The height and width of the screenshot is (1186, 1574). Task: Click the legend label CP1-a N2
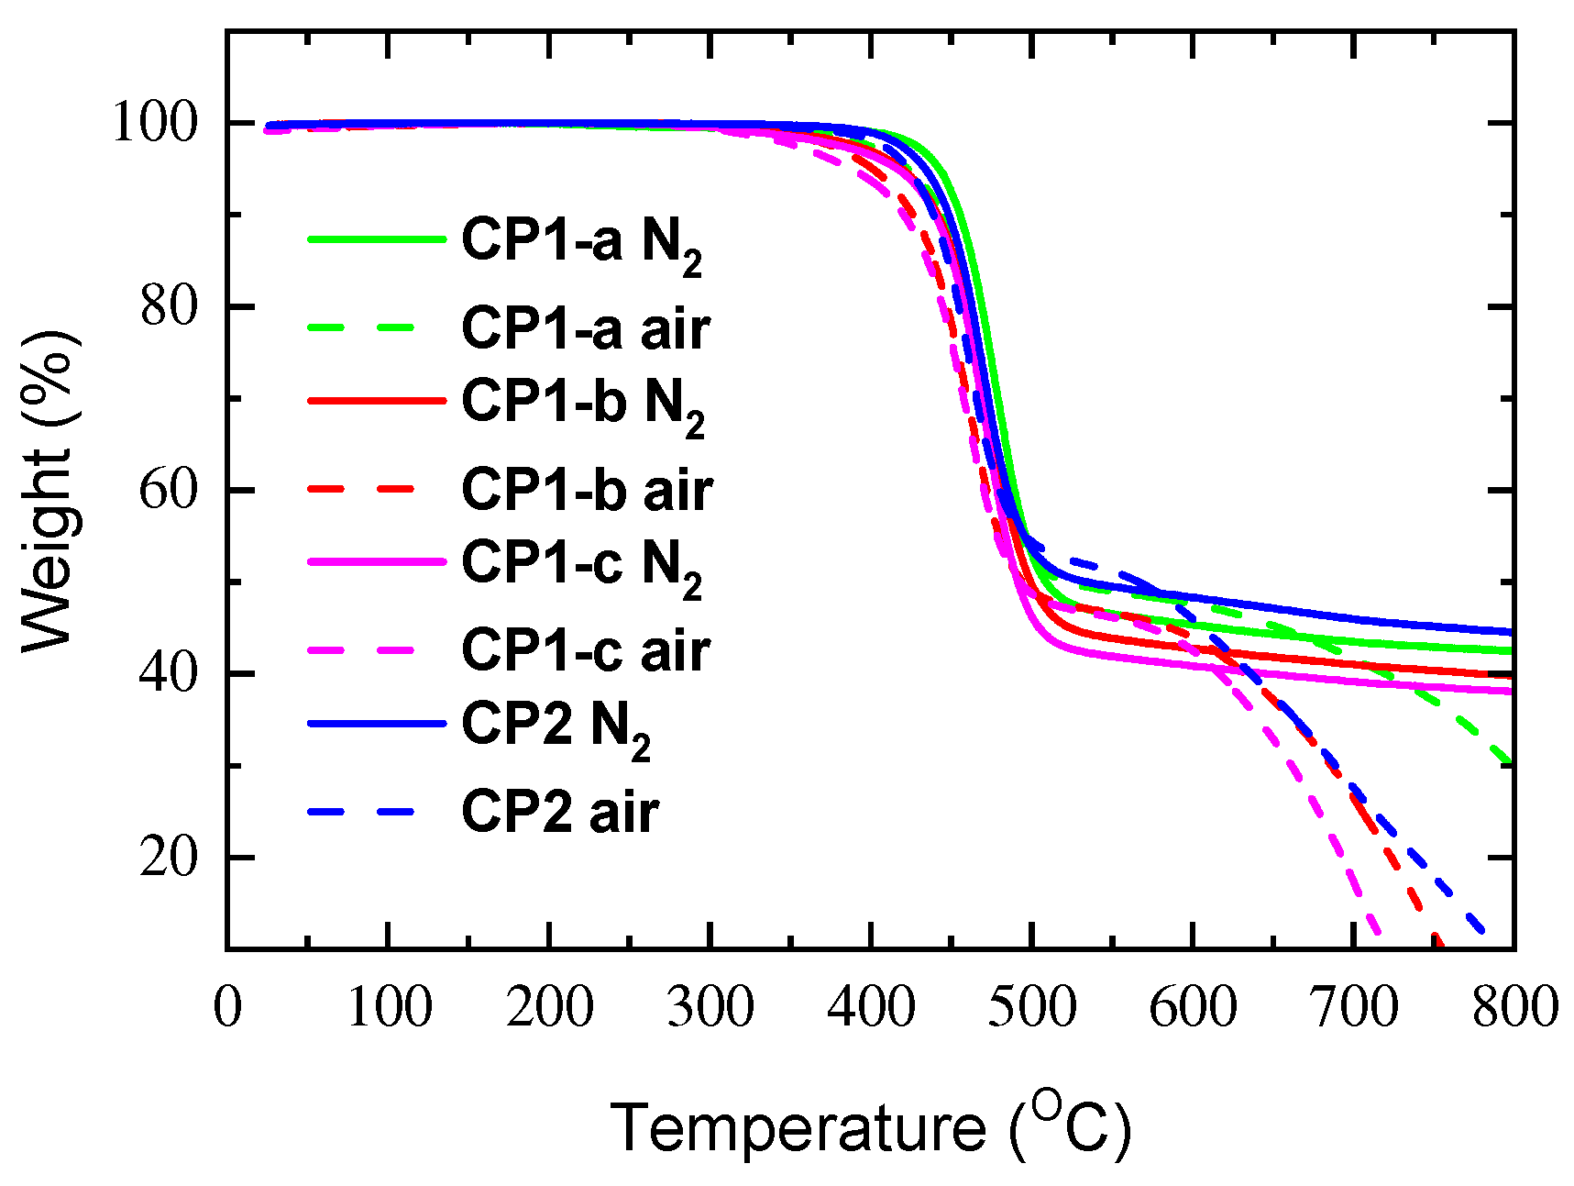581,242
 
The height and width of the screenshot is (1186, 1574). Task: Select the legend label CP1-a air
585,328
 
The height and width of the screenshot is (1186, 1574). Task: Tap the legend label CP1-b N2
583,404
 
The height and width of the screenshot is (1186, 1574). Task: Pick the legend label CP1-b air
587,490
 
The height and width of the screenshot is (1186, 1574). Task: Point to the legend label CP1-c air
585,651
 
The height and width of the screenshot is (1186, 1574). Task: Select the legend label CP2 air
559,813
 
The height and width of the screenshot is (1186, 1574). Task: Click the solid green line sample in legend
376,239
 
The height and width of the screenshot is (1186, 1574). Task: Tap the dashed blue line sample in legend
362,813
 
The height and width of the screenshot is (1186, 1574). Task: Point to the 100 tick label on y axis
154,122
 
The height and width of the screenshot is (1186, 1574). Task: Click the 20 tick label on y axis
169,857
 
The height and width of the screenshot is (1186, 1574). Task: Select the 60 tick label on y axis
169,490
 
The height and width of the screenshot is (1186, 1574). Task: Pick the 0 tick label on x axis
228,1006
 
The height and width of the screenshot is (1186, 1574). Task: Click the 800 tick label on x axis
1513,1006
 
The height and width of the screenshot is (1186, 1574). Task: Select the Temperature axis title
871,1126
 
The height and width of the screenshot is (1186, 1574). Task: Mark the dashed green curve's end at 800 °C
1511,761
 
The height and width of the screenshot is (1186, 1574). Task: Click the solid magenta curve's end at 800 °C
1511,691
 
